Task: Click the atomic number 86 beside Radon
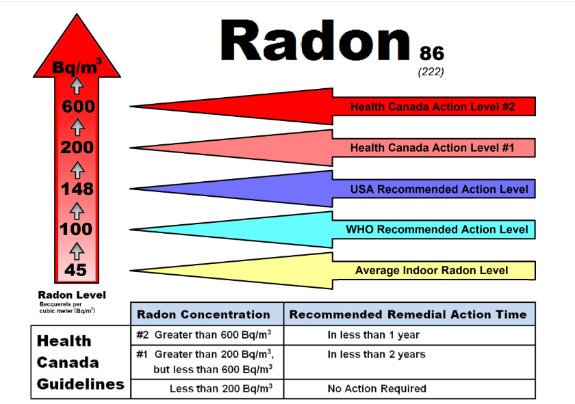pyautogui.click(x=432, y=53)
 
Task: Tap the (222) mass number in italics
pyautogui.click(x=431, y=72)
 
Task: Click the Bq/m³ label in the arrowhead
pyautogui.click(x=77, y=66)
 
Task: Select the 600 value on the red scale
pyautogui.click(x=78, y=107)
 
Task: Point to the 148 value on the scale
pyautogui.click(x=77, y=189)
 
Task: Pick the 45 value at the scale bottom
pyautogui.click(x=75, y=270)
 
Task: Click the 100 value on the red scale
pyautogui.click(x=76, y=229)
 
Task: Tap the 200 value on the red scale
pyautogui.click(x=77, y=148)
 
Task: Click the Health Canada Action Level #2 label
pyautogui.click(x=433, y=107)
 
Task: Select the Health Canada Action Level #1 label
pyautogui.click(x=433, y=148)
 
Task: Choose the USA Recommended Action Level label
pyautogui.click(x=439, y=189)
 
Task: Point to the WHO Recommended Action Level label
pyautogui.click(x=437, y=229)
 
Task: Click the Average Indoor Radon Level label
pyautogui.click(x=432, y=270)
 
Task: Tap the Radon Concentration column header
pyautogui.click(x=203, y=314)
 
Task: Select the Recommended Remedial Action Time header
pyautogui.click(x=408, y=314)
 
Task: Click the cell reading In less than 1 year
pyautogui.click(x=374, y=335)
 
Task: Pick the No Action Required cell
pyautogui.click(x=377, y=388)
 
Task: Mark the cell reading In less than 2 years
pyautogui.click(x=376, y=354)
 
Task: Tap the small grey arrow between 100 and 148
pyautogui.click(x=77, y=211)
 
